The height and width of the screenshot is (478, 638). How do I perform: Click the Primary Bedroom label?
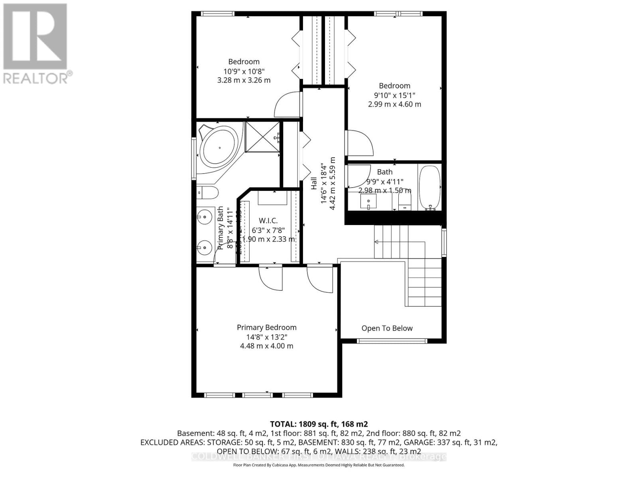pos(266,327)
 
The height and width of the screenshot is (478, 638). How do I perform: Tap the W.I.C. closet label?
pos(268,221)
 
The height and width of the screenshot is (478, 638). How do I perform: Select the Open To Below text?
pos(387,328)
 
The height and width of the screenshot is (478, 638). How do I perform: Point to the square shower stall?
pos(262,137)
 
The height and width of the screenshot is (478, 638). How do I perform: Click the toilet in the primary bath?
pos(207,193)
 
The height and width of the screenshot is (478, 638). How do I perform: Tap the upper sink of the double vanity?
pos(204,217)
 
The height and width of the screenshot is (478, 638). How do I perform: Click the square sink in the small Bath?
pos(368,201)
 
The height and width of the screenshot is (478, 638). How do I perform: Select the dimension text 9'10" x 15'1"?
pos(394,95)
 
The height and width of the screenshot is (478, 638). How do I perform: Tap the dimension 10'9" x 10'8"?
pos(244,71)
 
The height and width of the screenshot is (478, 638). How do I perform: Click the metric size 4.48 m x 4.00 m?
pos(266,346)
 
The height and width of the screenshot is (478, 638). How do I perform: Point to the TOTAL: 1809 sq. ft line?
pos(319,424)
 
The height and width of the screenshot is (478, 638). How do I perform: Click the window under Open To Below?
pos(392,341)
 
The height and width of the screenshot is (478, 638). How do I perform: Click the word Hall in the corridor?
pos(314,183)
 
